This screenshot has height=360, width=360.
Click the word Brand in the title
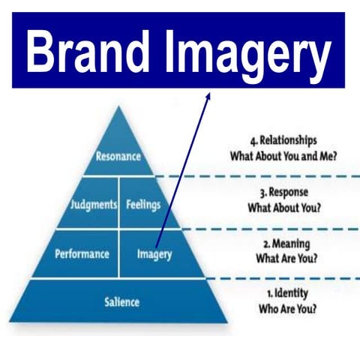coord(90,50)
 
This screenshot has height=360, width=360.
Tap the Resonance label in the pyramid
coord(118,157)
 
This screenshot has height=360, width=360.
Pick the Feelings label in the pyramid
coord(142,203)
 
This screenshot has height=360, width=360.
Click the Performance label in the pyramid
coord(83,253)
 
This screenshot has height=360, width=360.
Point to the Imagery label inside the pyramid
coord(154,253)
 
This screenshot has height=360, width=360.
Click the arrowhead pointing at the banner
coord(208,95)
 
